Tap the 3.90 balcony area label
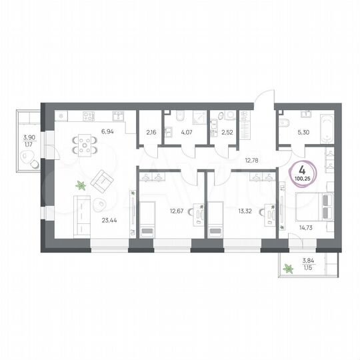[29, 138]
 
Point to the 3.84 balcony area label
[309, 261]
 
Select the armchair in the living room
[102, 179]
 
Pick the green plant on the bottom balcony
[289, 269]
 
